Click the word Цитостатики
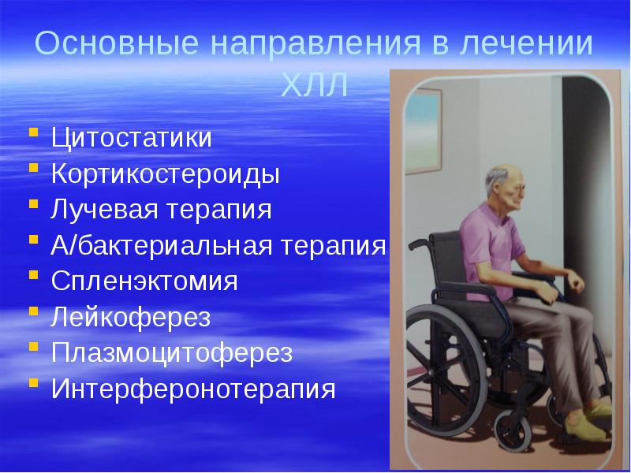pos(132,138)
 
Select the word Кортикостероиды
pos(166,174)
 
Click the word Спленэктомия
pos(145,281)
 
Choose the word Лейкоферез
pos(132,318)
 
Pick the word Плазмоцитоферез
pos(172,353)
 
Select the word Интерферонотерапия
pos(194,389)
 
